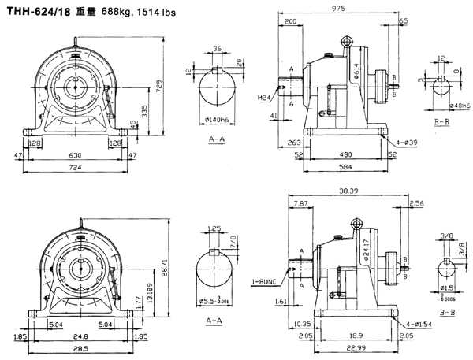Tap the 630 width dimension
tap(73, 155)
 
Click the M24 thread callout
tap(264, 98)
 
